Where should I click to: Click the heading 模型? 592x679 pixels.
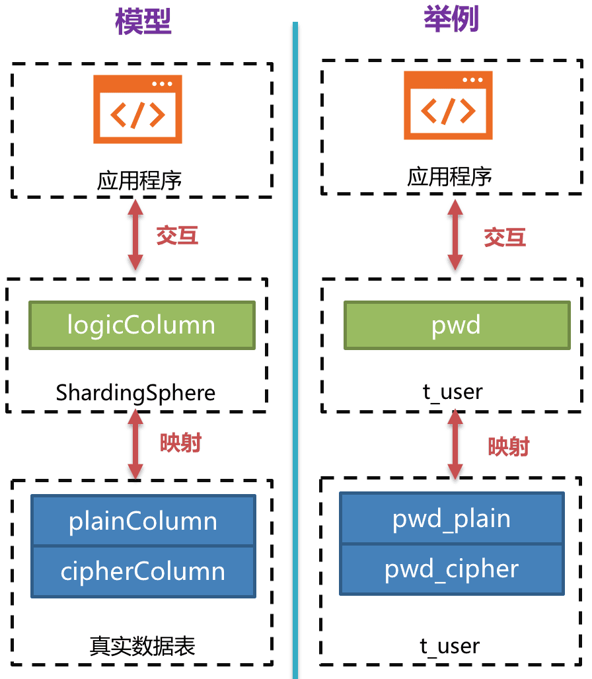pos(143,21)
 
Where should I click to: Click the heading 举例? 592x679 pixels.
pos(451,19)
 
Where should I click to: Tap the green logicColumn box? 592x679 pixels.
pos(141,325)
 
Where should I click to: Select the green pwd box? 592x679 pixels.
pos(457,325)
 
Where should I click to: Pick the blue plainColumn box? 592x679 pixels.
pos(143,521)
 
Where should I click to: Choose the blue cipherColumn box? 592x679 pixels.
pos(143,571)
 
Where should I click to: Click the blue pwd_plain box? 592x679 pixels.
pos(452,518)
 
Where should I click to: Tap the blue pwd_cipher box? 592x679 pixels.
pos(452,569)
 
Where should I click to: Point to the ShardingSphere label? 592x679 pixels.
pos(135,393)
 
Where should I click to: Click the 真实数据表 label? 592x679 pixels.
pos(143,646)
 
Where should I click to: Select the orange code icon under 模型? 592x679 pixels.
pos(137,109)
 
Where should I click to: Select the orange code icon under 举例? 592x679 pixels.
pos(449,106)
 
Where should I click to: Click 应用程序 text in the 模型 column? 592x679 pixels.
pos(139,180)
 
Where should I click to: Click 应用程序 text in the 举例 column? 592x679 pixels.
pos(450,177)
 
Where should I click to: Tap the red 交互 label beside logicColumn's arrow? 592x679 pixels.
pos(177,235)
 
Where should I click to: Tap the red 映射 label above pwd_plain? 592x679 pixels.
pos(509,447)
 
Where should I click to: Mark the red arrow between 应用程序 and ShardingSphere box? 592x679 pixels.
pos(135,234)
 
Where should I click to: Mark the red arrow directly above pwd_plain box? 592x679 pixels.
pos(455,444)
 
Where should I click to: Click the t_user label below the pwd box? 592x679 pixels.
pos(453,392)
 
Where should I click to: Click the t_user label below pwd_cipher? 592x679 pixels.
pos(450,645)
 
